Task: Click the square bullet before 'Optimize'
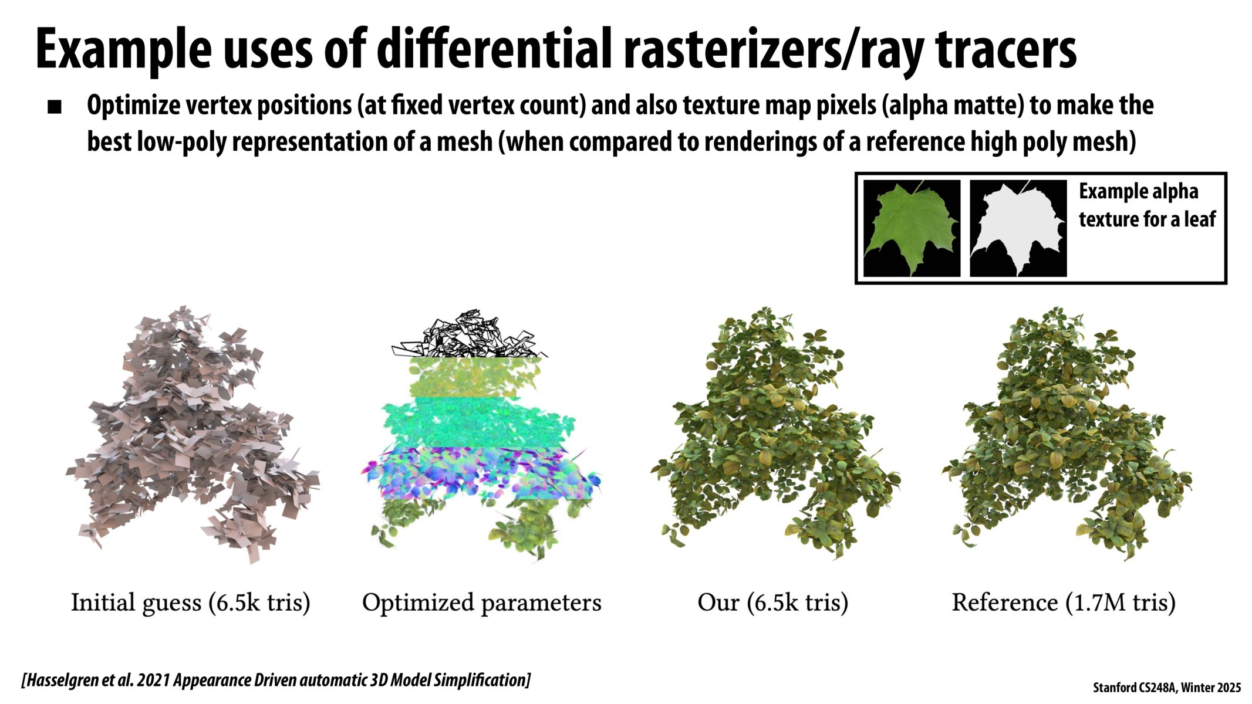(x=55, y=107)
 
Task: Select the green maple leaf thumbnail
(x=912, y=228)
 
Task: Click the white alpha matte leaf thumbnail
(x=1018, y=228)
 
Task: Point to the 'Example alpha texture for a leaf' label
(x=1146, y=205)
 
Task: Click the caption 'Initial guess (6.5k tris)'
(x=190, y=603)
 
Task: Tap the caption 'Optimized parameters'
(x=481, y=603)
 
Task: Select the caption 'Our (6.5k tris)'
(x=772, y=603)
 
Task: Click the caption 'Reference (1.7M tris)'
(x=1063, y=603)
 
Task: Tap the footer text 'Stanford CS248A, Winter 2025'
(x=1166, y=688)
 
